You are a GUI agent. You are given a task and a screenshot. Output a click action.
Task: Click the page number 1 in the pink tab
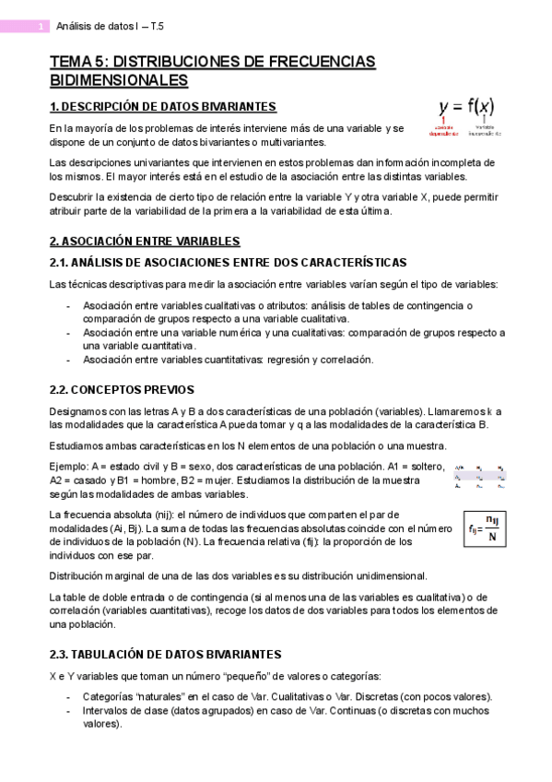tap(41, 27)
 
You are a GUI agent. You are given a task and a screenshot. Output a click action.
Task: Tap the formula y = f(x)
tap(466, 106)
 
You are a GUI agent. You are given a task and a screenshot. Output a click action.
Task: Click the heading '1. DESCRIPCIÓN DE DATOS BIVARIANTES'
tap(163, 106)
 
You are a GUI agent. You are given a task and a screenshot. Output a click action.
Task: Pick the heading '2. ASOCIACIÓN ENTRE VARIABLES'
tap(145, 242)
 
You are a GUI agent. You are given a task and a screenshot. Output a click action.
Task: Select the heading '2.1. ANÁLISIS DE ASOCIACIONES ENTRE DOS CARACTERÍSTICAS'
tap(228, 263)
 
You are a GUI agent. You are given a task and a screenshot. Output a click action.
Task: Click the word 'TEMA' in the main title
tap(70, 62)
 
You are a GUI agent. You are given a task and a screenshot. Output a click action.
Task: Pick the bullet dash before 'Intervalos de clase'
tap(70, 711)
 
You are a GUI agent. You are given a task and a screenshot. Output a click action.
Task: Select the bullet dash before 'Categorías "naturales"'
tap(70, 696)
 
